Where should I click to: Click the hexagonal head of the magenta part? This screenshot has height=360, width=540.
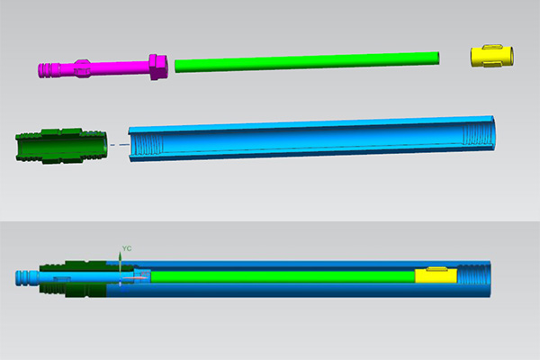158,67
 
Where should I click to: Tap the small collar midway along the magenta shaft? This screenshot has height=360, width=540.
83,68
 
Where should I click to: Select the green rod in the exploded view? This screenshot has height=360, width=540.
307,62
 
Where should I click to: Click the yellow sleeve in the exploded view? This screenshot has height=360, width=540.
492,56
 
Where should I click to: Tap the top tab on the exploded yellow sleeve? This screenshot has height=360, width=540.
492,47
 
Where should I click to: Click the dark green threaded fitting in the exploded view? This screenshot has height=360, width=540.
61,146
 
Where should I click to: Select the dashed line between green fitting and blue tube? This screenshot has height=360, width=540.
119,145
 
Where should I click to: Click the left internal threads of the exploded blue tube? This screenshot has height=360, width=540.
148,145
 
